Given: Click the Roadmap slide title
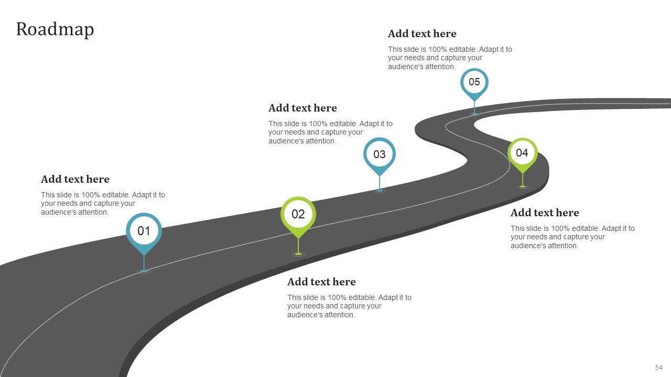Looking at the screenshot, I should click(55, 29).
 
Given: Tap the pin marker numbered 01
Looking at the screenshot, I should click(144, 231).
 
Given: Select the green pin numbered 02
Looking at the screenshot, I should click(298, 214).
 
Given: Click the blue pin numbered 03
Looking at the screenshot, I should click(379, 154).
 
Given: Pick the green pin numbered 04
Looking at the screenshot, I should click(522, 153).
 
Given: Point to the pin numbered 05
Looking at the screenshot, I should click(474, 82).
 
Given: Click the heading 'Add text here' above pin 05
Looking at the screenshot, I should click(422, 34).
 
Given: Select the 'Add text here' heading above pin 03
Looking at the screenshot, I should click(302, 108).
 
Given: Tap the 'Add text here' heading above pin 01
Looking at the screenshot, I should click(75, 180).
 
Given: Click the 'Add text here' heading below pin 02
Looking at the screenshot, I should click(321, 282).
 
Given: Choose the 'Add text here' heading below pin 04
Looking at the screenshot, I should click(545, 213).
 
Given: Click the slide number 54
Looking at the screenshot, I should click(658, 368).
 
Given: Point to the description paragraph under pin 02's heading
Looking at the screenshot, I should click(349, 306).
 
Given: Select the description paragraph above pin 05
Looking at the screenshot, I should click(450, 58).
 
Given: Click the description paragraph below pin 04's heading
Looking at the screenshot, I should click(572, 237).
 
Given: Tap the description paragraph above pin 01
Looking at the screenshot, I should click(103, 204).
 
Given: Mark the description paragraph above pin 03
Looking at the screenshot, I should click(330, 132).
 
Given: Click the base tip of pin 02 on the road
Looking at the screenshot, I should click(298, 254).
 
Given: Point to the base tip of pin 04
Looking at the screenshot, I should click(523, 186).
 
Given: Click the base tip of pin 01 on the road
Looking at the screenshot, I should click(144, 271).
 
